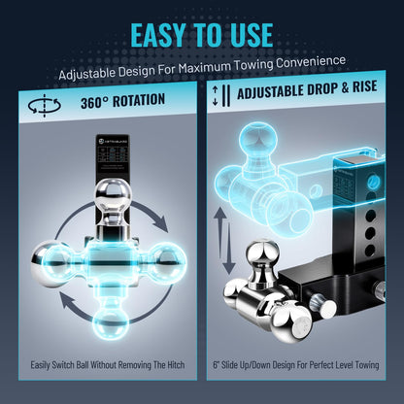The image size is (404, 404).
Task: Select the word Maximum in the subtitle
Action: point(204,67)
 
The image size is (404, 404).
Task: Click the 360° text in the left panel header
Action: point(94,102)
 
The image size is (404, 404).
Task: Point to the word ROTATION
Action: point(139,100)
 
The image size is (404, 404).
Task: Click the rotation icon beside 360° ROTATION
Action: point(44,106)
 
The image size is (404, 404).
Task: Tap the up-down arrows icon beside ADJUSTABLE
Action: point(221,96)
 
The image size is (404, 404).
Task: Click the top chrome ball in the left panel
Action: point(113,195)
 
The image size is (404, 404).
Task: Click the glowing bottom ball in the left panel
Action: point(111,322)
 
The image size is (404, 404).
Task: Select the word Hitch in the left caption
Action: point(176,365)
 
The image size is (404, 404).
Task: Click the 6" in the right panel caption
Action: point(216,365)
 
